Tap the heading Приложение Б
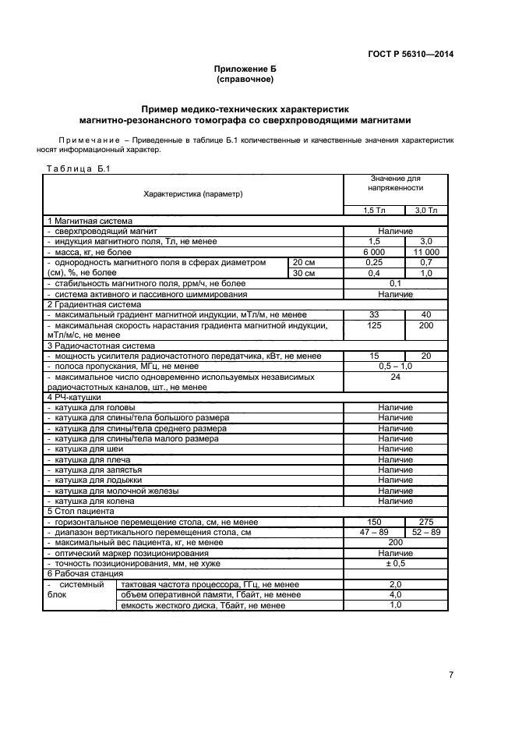tap(245, 69)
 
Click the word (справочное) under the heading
tap(245, 80)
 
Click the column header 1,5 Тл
tap(374, 211)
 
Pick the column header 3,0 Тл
tap(426, 211)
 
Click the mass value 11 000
tap(426, 252)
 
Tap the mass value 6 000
tap(374, 252)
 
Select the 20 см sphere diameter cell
tap(303, 263)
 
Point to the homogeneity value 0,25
tap(374, 263)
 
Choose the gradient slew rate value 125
tap(374, 324)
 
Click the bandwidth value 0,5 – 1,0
tap(395, 366)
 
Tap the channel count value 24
tap(395, 376)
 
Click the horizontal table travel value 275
tap(426, 521)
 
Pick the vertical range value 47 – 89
tap(374, 531)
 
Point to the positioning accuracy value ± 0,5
tap(395, 562)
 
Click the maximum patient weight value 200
tap(395, 541)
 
